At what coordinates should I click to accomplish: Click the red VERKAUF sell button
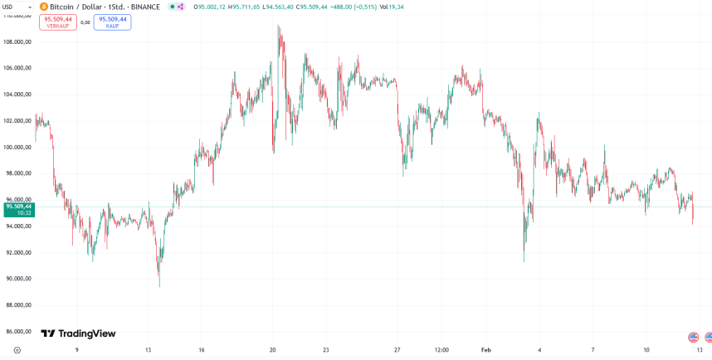click(x=58, y=22)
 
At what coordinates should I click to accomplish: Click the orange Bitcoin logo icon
click(x=43, y=7)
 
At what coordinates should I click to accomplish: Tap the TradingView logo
click(x=79, y=333)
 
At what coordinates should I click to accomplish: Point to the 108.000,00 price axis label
click(x=17, y=41)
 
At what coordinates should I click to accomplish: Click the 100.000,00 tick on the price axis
click(x=17, y=147)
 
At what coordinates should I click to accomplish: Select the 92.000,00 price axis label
click(x=17, y=252)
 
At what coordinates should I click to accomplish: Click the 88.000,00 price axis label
click(x=17, y=305)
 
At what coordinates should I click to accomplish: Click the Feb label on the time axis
click(x=487, y=350)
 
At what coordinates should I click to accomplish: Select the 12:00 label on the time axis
click(x=441, y=350)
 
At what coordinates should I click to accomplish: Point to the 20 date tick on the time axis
click(x=272, y=350)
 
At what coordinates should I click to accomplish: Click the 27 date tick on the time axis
click(x=397, y=350)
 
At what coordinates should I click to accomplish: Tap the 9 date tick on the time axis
click(x=77, y=350)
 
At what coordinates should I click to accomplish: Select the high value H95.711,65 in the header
click(x=247, y=7)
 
